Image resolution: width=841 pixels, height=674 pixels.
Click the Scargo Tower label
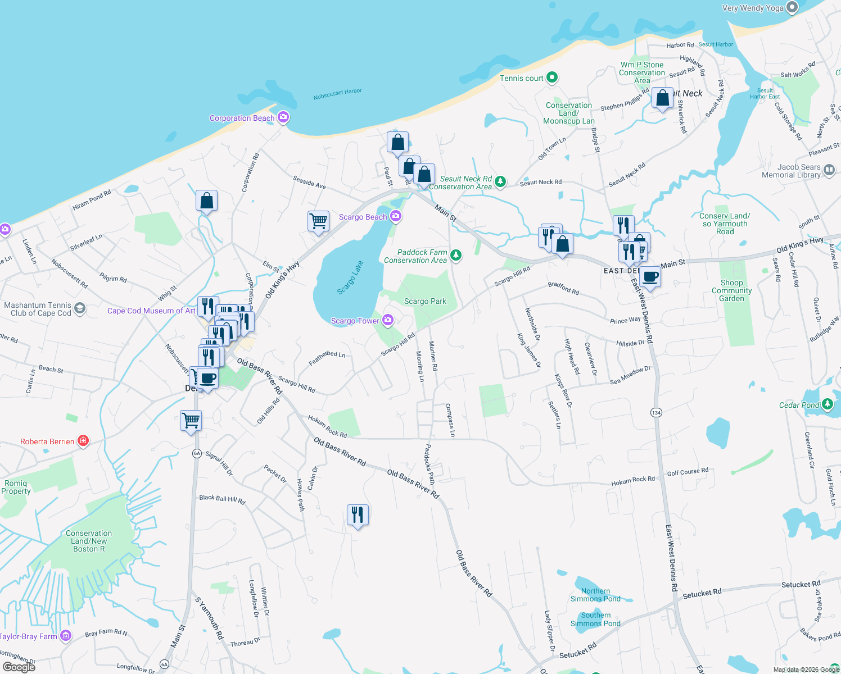pyautogui.click(x=355, y=321)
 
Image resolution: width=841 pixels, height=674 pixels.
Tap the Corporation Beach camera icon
pyautogui.click(x=283, y=117)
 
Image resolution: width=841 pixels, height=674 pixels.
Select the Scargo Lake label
pyautogui.click(x=350, y=277)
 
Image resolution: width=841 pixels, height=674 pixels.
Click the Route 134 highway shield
pyautogui.click(x=656, y=412)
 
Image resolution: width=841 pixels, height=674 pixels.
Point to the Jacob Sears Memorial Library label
pyautogui.click(x=791, y=171)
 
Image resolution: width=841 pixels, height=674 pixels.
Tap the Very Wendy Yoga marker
pyautogui.click(x=792, y=7)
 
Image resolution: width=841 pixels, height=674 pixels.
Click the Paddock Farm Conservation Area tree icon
pyautogui.click(x=456, y=256)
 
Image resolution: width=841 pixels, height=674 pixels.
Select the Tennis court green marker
pyautogui.click(x=552, y=78)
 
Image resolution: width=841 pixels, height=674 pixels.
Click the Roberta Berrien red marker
pyautogui.click(x=83, y=441)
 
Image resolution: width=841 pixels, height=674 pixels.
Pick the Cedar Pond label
pyautogui.click(x=799, y=405)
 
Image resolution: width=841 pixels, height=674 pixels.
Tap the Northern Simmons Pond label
pyautogui.click(x=595, y=595)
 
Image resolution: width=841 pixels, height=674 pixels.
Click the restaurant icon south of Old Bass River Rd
pyautogui.click(x=358, y=514)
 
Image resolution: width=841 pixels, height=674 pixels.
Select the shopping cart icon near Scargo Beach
pyautogui.click(x=318, y=221)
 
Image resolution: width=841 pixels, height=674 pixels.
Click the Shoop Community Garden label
pyautogui.click(x=731, y=290)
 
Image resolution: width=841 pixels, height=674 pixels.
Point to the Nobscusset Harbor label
pyautogui.click(x=337, y=94)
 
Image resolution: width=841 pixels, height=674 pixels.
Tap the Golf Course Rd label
pyautogui.click(x=688, y=472)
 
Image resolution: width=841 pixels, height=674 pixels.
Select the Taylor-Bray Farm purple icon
pyautogui.click(x=66, y=636)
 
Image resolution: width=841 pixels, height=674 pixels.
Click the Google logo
pyautogui.click(x=19, y=667)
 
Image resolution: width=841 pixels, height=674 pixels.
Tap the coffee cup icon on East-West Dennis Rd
pyautogui.click(x=650, y=277)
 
